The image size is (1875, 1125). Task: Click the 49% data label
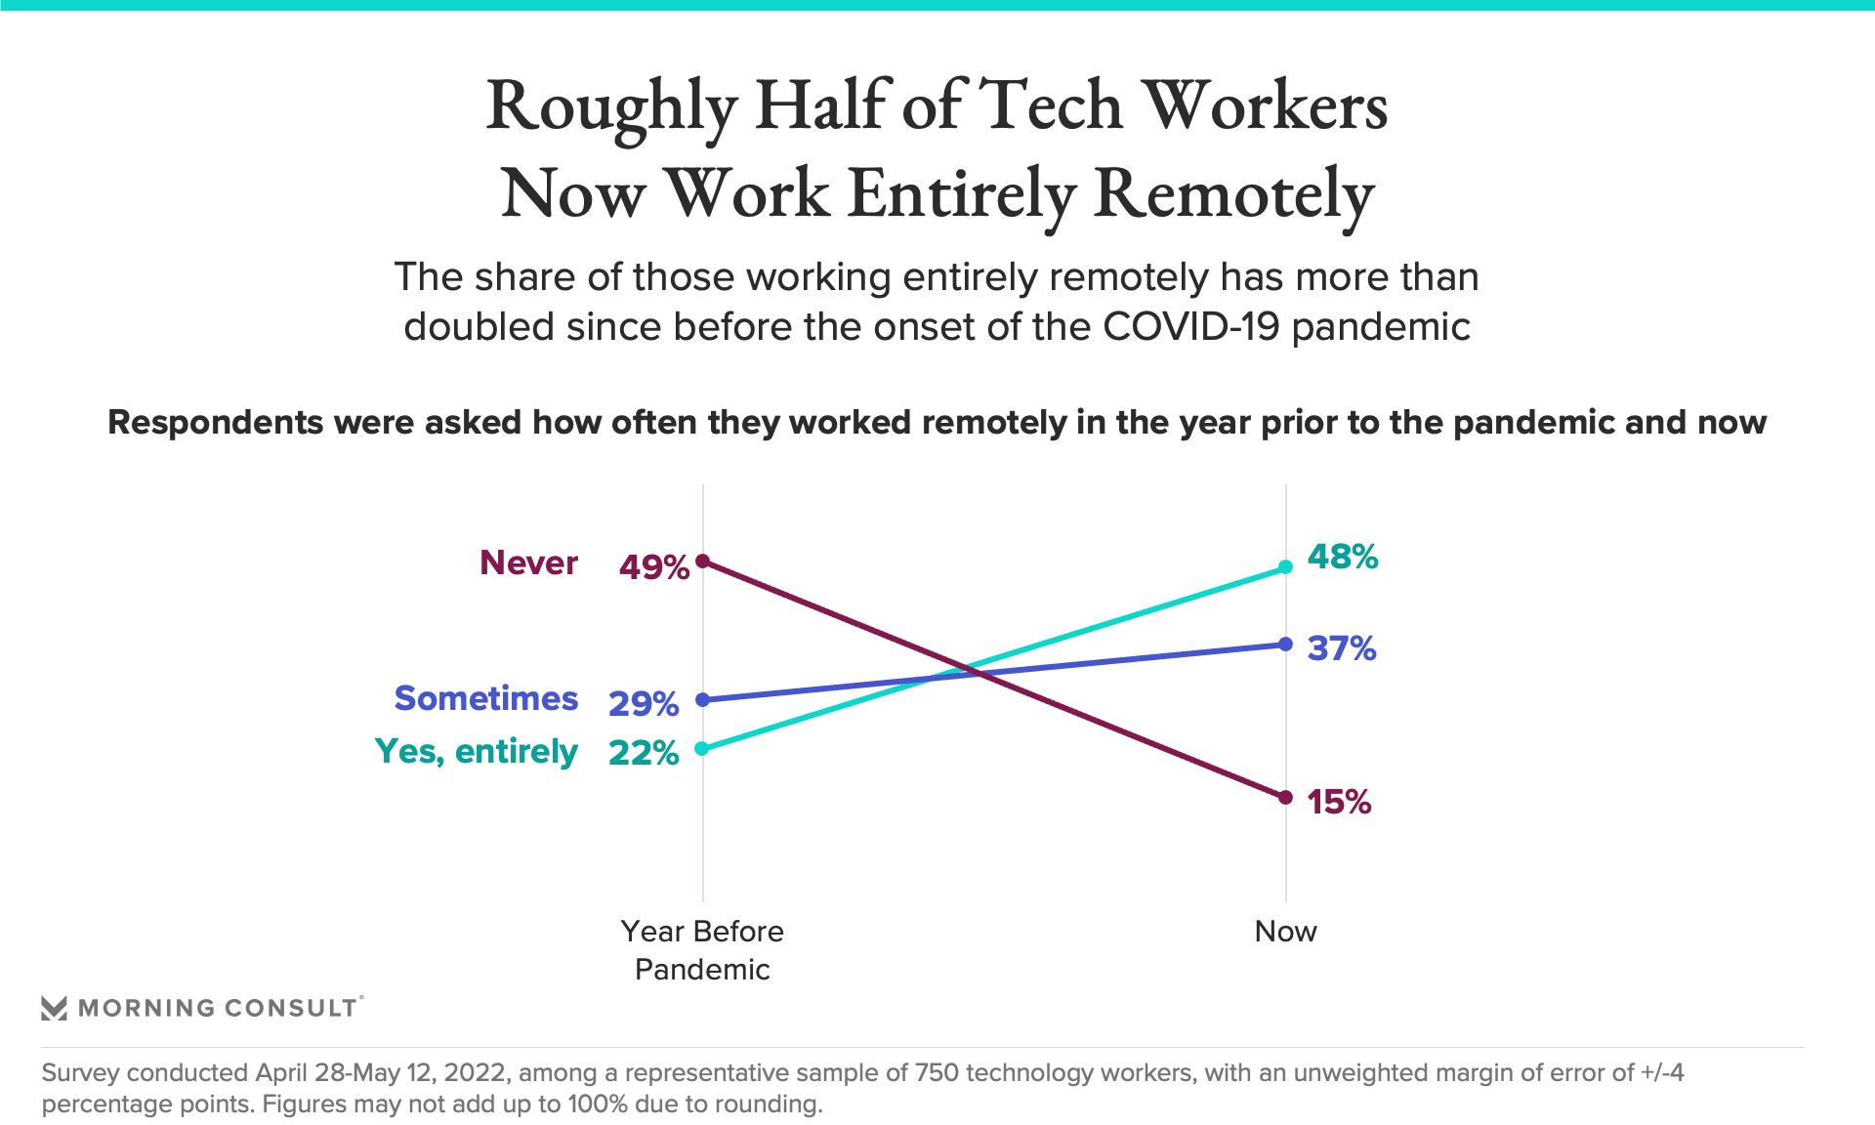[x=653, y=566]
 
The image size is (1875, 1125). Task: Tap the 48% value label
[x=1342, y=557]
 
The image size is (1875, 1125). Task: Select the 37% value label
[x=1341, y=648]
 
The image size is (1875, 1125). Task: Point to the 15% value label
[x=1339, y=802]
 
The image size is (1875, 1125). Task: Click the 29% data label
[x=643, y=703]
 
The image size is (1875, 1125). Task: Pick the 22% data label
[x=643, y=752]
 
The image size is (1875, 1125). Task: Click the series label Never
[x=528, y=562]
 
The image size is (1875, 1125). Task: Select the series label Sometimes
[x=485, y=698]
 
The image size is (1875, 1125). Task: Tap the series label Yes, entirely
[x=476, y=751]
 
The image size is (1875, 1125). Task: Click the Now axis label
[x=1285, y=931]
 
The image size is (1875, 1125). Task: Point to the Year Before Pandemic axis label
[x=702, y=949]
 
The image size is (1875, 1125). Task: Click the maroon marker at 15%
[x=1285, y=798]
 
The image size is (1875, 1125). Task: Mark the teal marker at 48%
[x=1285, y=566]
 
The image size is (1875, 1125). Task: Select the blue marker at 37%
[x=1285, y=645]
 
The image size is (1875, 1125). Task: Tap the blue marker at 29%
[x=702, y=699]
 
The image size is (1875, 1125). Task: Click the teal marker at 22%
[x=702, y=748]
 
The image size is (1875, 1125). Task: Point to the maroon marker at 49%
[x=702, y=561]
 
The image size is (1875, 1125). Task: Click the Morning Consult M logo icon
[x=54, y=1008]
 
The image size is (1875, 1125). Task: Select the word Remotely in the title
[x=1233, y=193]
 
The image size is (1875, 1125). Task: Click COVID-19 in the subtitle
[x=1190, y=326]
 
